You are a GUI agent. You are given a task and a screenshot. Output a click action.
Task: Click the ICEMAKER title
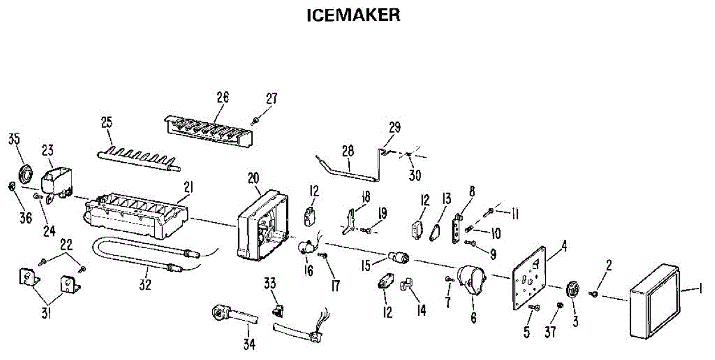tap(353, 15)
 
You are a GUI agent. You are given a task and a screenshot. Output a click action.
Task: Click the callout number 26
tap(222, 97)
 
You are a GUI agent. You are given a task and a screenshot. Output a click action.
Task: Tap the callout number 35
tap(14, 140)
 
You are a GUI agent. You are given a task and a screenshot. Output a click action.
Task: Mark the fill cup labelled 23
tap(57, 179)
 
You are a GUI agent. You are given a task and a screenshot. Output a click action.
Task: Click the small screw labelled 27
tap(256, 120)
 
